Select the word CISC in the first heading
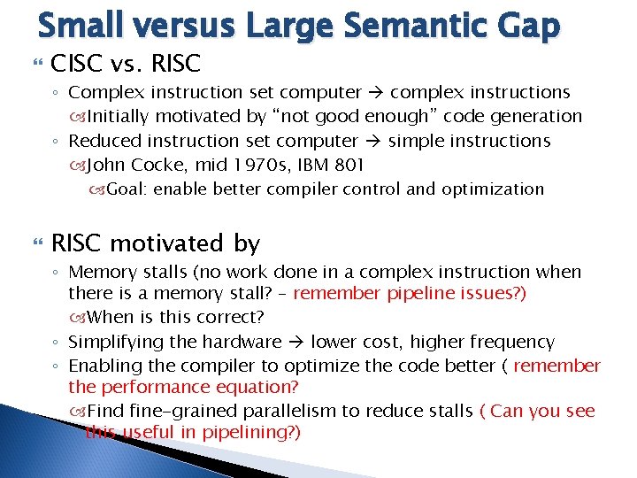[x=75, y=64]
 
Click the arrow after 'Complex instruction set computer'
[x=376, y=93]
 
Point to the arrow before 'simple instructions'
[x=373, y=142]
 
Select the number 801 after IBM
[x=349, y=165]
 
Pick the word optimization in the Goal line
[x=493, y=189]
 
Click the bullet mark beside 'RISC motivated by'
[x=38, y=243]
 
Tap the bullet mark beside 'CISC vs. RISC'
[x=38, y=63]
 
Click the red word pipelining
[x=251, y=433]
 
